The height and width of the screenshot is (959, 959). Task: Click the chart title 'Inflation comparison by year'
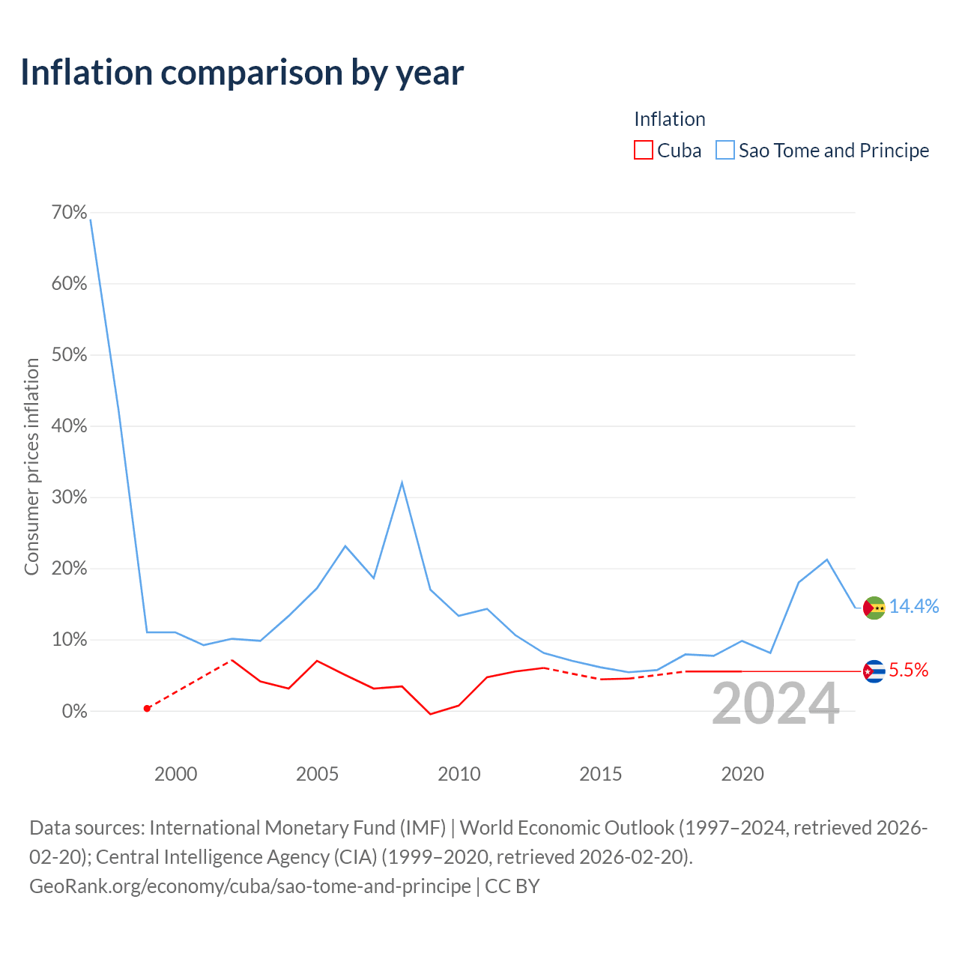242,73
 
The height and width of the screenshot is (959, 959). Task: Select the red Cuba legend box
643,151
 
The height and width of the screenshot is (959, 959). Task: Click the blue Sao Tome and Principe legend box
724,151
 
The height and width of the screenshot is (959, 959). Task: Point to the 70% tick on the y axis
69,213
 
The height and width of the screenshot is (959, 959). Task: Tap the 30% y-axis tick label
69,497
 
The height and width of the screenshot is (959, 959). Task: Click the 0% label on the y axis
75,711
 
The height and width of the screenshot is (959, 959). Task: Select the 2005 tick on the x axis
317,775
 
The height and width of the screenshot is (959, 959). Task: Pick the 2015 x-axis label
601,775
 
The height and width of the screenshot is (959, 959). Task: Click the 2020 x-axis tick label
742,775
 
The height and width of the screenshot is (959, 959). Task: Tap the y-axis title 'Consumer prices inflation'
31,467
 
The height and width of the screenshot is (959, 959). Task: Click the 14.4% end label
914,607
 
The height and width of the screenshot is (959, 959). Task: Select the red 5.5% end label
909,671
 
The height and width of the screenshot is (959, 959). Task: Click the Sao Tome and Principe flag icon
874,608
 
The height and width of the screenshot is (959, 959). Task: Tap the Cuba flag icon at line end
874,671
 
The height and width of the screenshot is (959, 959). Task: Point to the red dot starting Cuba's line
148,708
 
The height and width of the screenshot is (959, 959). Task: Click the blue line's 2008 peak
402,482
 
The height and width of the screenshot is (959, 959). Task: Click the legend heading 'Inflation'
669,119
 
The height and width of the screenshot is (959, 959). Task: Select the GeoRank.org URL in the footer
249,886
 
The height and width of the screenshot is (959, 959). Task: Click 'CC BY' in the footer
512,886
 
